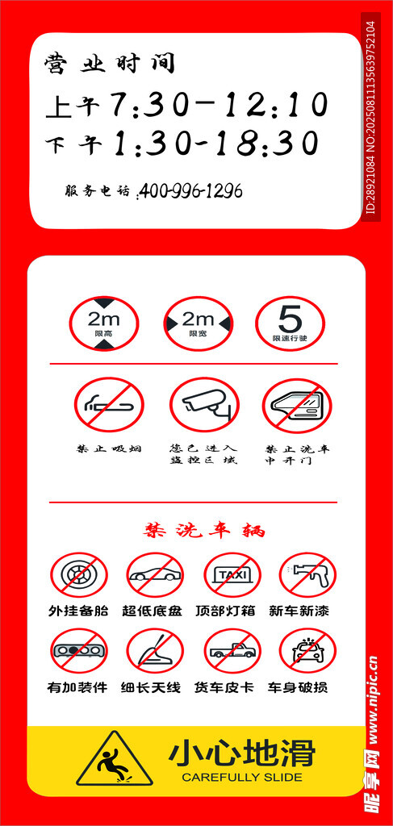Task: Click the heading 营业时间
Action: point(110,64)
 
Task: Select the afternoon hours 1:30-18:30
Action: point(217,144)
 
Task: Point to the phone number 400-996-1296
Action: point(190,190)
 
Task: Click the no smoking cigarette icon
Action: point(109,405)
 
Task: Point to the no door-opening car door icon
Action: point(297,405)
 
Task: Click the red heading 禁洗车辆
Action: point(204,530)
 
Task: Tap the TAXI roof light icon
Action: point(232,574)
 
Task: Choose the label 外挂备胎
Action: point(78,611)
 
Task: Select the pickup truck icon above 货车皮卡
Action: point(232,651)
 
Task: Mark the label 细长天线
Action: point(151,687)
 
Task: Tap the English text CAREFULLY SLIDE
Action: point(242,777)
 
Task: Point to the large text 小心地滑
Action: point(242,753)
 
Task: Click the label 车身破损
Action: point(298,687)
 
